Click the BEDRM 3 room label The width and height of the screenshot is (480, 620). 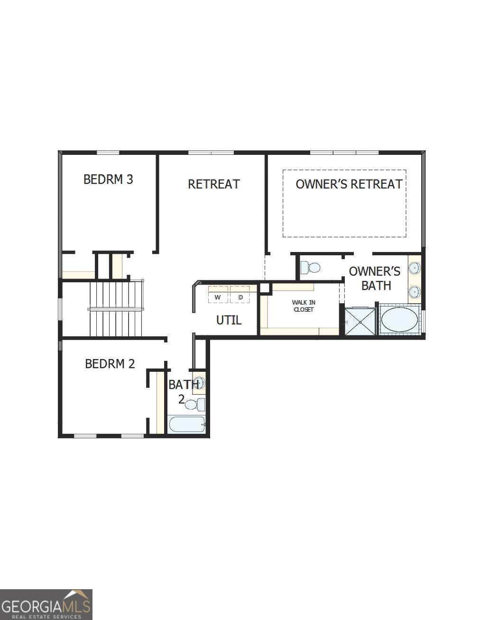click(108, 180)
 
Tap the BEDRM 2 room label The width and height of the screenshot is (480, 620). click(110, 364)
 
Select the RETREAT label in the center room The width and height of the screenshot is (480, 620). click(214, 184)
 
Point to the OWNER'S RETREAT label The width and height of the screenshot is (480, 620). click(349, 184)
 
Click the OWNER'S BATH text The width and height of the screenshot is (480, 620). click(375, 279)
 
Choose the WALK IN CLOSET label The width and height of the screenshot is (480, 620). click(304, 306)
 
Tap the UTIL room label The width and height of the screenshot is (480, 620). click(229, 320)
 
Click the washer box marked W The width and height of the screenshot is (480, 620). click(218, 297)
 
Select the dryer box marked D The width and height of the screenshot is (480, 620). click(240, 297)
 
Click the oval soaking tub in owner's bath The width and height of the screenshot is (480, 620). click(399, 320)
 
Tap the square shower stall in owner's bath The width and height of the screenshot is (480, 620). click(360, 322)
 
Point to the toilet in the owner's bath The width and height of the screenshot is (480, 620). click(311, 268)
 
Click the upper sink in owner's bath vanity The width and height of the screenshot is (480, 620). click(415, 269)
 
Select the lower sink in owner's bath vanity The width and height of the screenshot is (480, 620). click(415, 291)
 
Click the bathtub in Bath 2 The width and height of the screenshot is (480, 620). click(187, 424)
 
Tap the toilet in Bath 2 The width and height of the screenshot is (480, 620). click(194, 404)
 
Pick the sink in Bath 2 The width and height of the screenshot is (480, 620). click(200, 383)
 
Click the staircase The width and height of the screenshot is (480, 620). click(116, 309)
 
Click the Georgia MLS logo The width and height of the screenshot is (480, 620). click(46, 605)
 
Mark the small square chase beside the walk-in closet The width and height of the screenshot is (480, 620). click(264, 288)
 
